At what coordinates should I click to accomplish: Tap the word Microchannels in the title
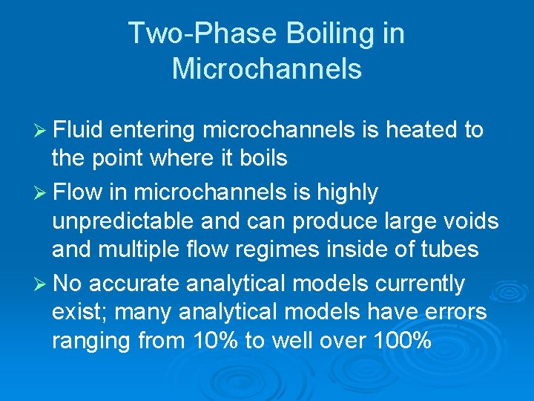coord(267,69)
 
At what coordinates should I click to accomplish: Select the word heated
coord(421,131)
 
